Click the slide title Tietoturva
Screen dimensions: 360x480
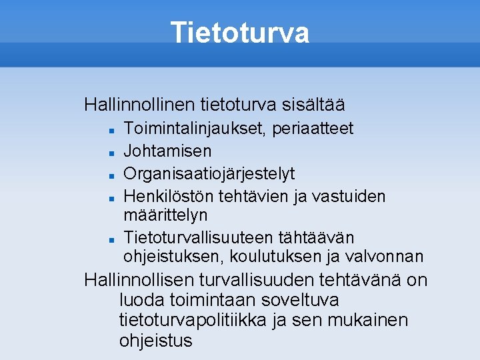coord(240,32)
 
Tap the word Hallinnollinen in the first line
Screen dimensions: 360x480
coord(137,105)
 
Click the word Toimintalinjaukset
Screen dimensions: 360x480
coord(195,128)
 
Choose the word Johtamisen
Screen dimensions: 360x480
coord(167,151)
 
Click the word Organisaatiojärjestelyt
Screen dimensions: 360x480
coord(209,173)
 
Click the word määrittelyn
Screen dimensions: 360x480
coord(165,215)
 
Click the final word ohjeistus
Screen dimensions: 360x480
coord(155,341)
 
